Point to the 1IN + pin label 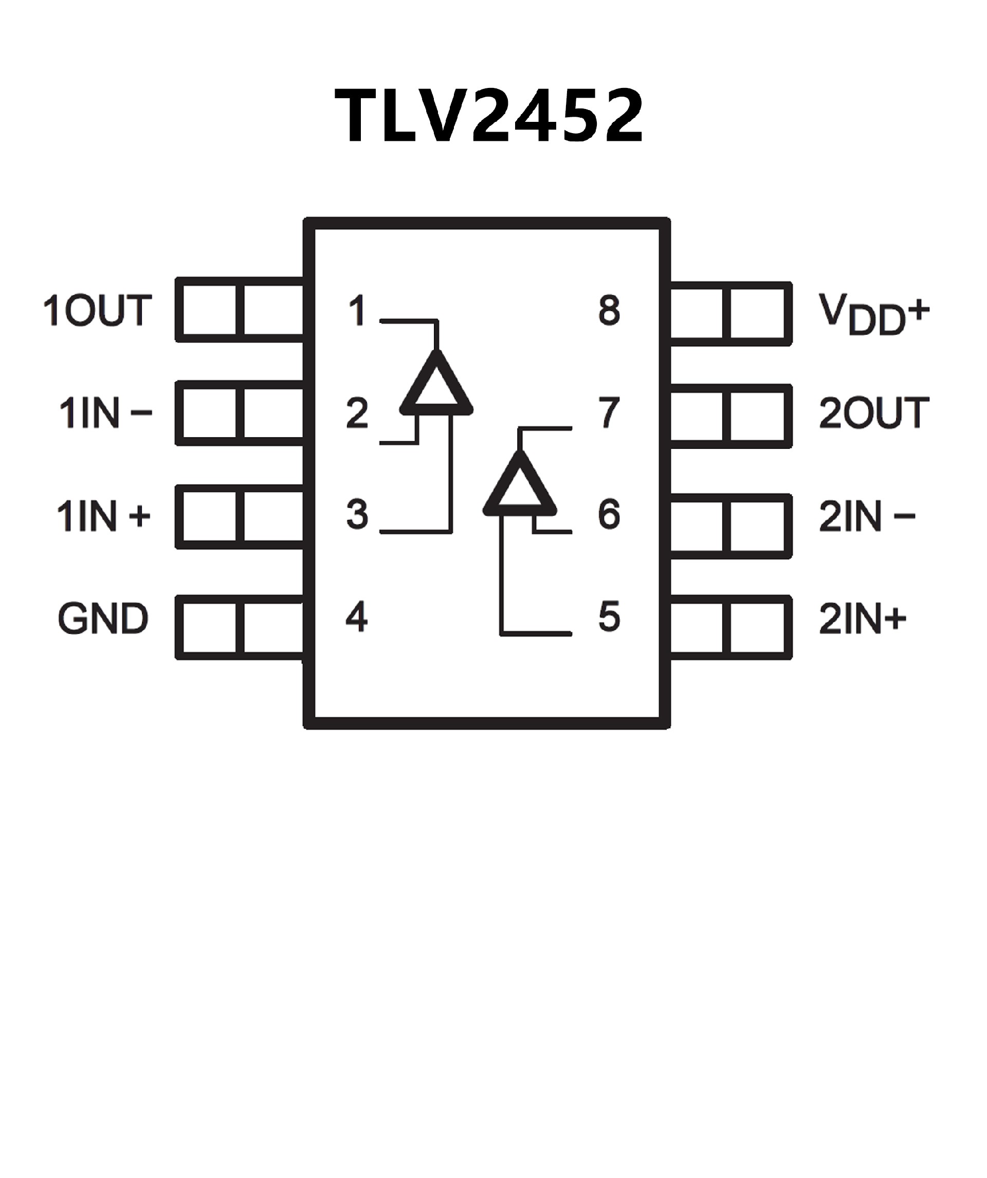(x=104, y=516)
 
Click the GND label (x=103, y=618)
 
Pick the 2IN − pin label (x=867, y=516)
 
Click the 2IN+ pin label (x=863, y=619)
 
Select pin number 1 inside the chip (x=357, y=310)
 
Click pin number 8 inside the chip (x=609, y=310)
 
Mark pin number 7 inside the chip (x=609, y=412)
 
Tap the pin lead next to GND (x=240, y=627)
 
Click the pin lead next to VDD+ (x=730, y=314)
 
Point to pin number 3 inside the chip (x=357, y=514)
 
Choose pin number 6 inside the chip (x=609, y=514)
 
